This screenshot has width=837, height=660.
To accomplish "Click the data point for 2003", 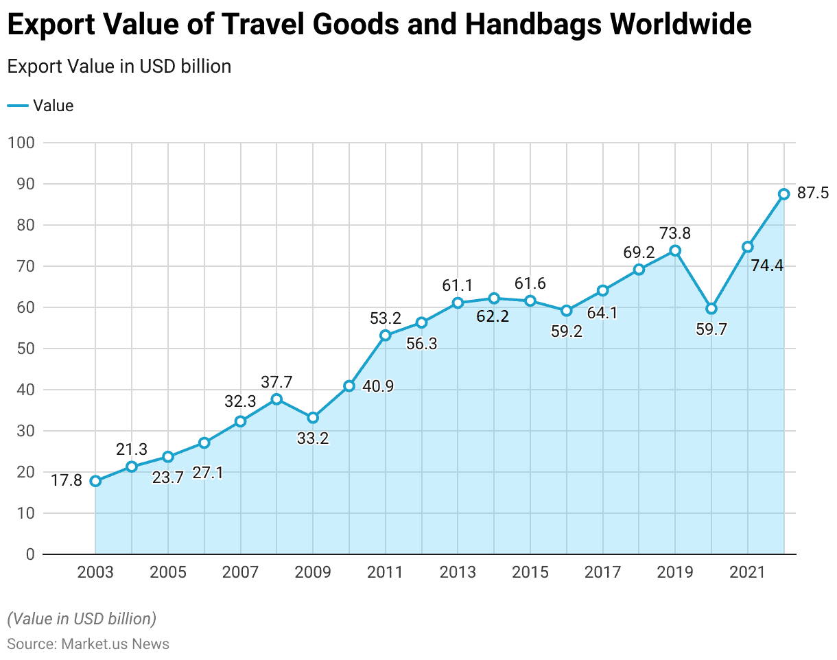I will pos(95,481).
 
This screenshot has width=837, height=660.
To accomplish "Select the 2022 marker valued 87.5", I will pos(783,194).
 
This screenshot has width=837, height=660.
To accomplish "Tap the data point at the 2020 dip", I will pos(711,309).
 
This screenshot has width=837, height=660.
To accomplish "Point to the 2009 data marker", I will pos(313,417).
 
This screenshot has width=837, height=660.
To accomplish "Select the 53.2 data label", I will pos(386,318).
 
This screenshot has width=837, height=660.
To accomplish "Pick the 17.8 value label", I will pos(67,481).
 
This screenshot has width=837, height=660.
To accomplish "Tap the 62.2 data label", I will pos(493,317).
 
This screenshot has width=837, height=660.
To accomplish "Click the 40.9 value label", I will pos(378,387).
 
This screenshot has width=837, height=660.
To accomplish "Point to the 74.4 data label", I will pos(766,266).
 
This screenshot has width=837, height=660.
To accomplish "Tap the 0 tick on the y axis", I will pos(30,554).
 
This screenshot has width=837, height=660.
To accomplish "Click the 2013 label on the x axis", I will pos(458,573).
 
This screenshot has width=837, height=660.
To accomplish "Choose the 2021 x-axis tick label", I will pos(748,573).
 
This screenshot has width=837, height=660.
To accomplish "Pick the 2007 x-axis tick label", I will pos(240,573).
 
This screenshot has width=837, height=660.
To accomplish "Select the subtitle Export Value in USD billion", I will pos(119,67).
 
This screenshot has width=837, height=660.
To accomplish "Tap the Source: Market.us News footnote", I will pos(88,644).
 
